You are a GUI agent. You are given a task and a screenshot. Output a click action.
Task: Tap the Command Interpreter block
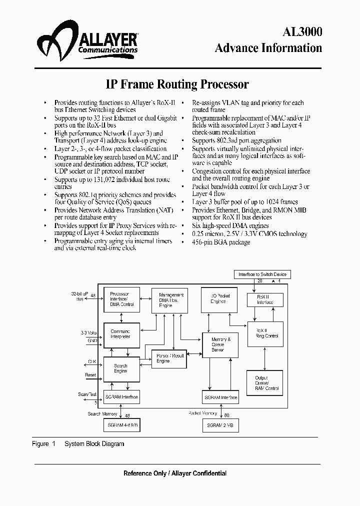(120, 334)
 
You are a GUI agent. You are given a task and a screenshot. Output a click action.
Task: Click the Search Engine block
(120, 369)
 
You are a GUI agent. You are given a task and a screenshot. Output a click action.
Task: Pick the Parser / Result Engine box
(169, 358)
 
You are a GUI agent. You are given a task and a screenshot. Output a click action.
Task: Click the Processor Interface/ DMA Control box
(120, 299)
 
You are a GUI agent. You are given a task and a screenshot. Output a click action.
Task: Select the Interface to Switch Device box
(262, 274)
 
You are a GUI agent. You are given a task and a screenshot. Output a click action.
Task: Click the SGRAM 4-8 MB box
(120, 425)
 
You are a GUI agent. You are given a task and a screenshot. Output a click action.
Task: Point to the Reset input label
(90, 374)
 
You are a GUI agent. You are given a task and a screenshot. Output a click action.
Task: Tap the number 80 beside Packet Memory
(227, 414)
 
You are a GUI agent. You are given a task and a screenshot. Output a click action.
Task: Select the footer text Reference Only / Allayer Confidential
(175, 473)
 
